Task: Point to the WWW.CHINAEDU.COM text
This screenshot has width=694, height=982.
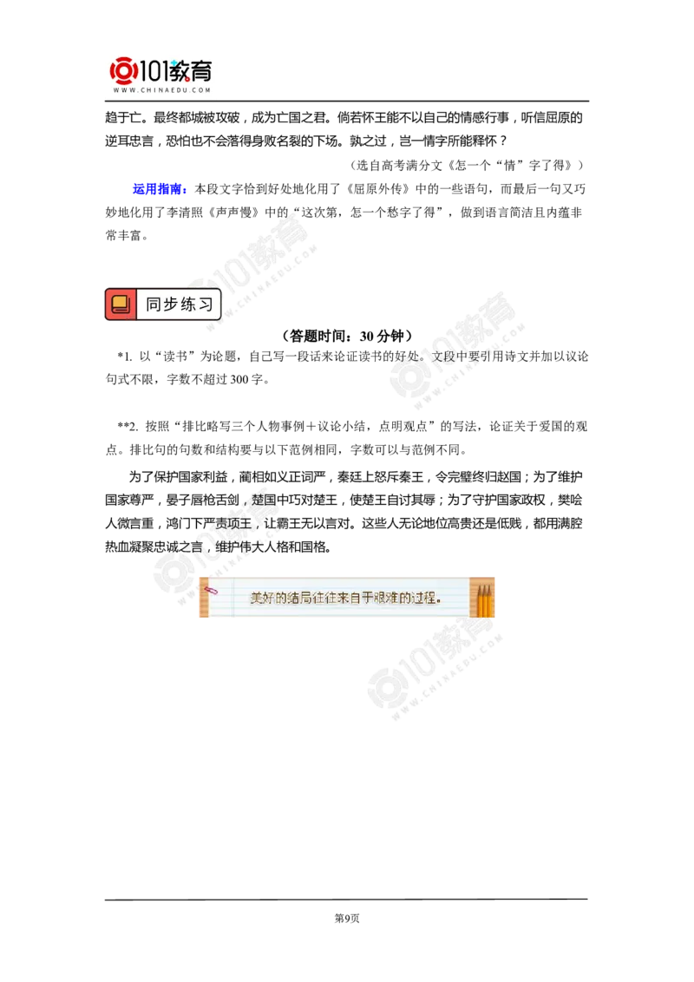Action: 162,90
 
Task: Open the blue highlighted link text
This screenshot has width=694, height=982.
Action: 160,188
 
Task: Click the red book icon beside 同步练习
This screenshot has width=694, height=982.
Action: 121,304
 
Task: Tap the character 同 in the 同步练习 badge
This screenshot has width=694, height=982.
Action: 154,304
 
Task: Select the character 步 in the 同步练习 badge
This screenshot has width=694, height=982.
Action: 172,304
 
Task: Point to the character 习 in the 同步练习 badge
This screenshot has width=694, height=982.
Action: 206,304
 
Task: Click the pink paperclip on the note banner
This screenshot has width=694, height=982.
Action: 210,590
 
